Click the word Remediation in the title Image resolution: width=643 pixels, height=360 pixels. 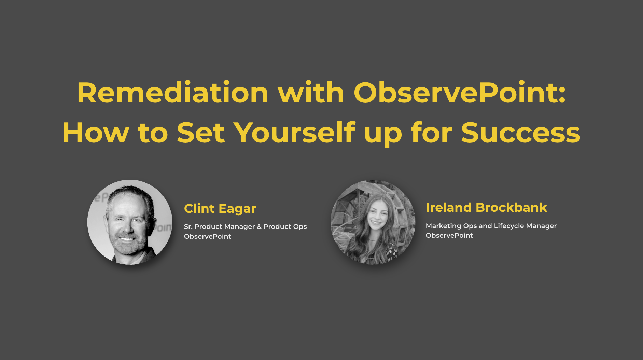click(173, 93)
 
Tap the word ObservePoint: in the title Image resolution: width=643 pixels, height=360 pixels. click(460, 93)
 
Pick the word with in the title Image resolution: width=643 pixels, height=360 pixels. click(311, 93)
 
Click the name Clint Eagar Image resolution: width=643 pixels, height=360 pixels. click(220, 209)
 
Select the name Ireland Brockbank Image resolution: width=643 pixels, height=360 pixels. click(486, 208)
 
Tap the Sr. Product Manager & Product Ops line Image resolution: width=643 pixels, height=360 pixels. click(245, 227)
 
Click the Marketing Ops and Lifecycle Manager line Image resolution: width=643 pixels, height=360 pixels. click(491, 226)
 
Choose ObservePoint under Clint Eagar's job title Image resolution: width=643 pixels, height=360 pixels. click(208, 236)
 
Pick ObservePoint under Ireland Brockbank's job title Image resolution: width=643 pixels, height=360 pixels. click(449, 235)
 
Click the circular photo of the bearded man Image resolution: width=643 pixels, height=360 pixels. click(130, 222)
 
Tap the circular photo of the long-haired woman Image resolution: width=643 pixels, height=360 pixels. click(373, 222)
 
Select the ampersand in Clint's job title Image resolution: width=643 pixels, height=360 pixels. click(259, 227)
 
